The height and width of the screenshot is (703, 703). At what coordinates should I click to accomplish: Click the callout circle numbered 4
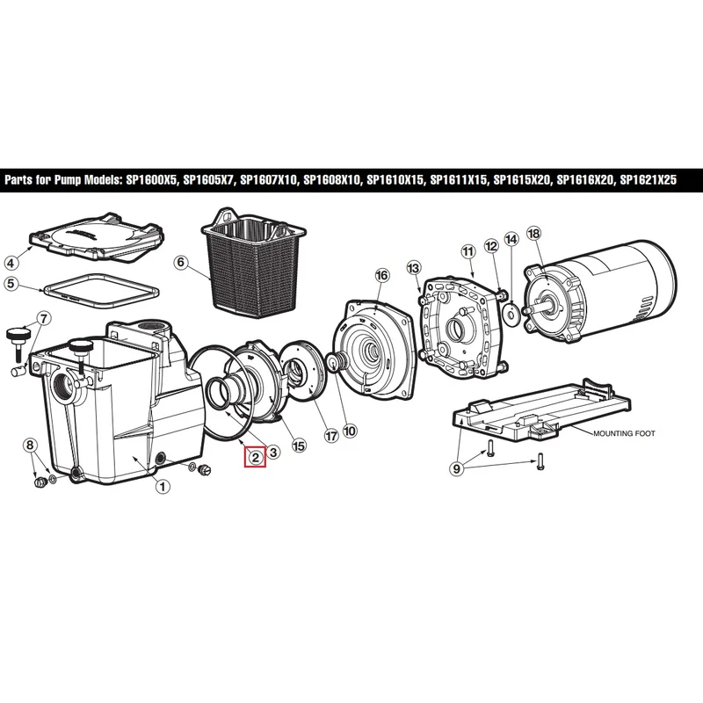(11, 262)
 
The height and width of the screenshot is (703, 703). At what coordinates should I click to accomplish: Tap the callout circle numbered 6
(181, 262)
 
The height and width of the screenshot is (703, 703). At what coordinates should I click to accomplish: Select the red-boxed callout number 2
(256, 457)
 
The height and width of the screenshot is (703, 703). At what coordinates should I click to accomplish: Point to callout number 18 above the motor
(533, 233)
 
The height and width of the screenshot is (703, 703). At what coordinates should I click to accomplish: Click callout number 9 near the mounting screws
(456, 469)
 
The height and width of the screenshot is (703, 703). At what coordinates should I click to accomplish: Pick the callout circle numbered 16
(382, 275)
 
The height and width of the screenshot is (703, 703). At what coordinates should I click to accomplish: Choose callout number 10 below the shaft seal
(350, 431)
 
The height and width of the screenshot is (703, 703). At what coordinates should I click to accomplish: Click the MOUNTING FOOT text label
(624, 433)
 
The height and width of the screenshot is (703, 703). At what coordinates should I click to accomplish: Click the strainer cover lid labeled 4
(97, 237)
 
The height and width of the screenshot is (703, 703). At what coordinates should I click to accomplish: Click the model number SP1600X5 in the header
(149, 180)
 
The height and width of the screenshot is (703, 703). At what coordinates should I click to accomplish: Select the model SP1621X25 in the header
(648, 180)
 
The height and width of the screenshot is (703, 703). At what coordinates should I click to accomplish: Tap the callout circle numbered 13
(413, 268)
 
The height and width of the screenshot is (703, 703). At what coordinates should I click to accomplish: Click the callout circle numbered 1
(163, 486)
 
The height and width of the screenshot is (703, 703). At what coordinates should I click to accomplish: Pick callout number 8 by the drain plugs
(30, 445)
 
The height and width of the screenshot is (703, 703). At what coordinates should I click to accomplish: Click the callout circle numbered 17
(331, 436)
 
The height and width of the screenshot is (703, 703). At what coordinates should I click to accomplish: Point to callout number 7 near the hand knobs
(43, 319)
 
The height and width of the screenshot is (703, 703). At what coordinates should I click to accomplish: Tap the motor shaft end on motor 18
(526, 309)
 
